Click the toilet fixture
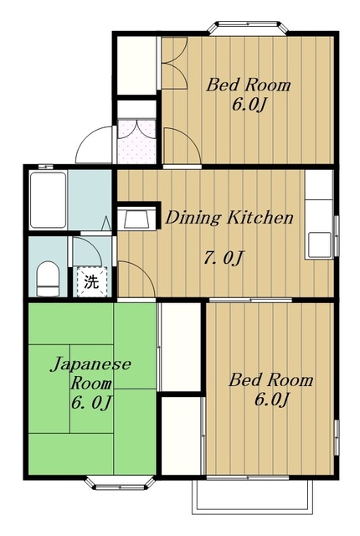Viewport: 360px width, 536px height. (48, 279)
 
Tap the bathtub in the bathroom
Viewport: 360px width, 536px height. (48, 200)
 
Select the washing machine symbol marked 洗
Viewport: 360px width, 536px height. (91, 281)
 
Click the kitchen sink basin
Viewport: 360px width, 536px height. (319, 245)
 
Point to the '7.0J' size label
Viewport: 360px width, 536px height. (224, 257)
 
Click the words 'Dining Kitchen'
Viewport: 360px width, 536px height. (229, 218)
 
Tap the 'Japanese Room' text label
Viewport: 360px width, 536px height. (91, 373)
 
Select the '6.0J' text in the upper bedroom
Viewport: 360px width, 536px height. (249, 104)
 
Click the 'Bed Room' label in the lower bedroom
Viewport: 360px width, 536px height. (270, 379)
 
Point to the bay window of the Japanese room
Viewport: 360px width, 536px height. (120, 483)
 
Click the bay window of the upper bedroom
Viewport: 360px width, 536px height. (249, 28)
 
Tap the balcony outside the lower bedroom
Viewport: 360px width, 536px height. (252, 497)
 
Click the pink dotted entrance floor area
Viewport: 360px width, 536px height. (136, 142)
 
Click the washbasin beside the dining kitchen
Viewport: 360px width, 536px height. (136, 219)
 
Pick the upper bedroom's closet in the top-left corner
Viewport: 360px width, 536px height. (136, 65)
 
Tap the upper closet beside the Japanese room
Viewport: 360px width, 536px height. (180, 347)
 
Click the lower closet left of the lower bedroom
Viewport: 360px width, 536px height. (182, 435)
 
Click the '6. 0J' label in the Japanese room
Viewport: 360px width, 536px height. (91, 403)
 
